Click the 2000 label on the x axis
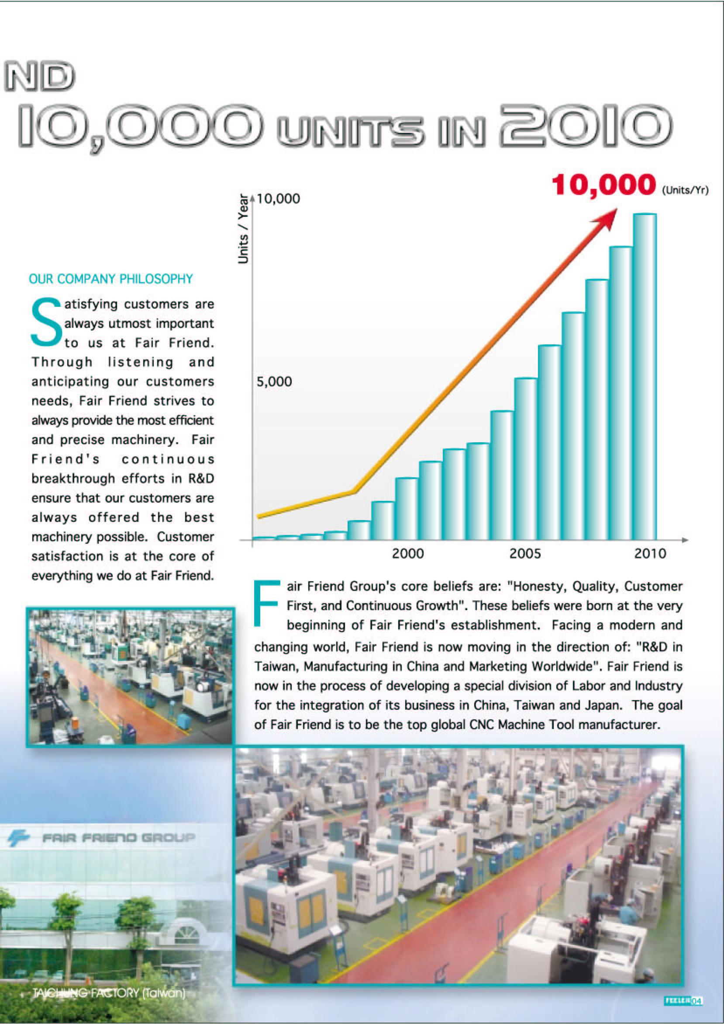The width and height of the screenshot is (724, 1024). pyautogui.click(x=408, y=554)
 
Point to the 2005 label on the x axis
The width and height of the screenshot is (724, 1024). pyautogui.click(x=525, y=554)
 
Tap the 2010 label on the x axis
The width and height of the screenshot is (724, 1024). pyautogui.click(x=650, y=554)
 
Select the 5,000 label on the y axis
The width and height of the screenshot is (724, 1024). pyautogui.click(x=274, y=382)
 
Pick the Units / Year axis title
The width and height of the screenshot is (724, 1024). pyautogui.click(x=243, y=229)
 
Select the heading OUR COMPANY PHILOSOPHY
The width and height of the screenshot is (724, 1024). pyautogui.click(x=110, y=279)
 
